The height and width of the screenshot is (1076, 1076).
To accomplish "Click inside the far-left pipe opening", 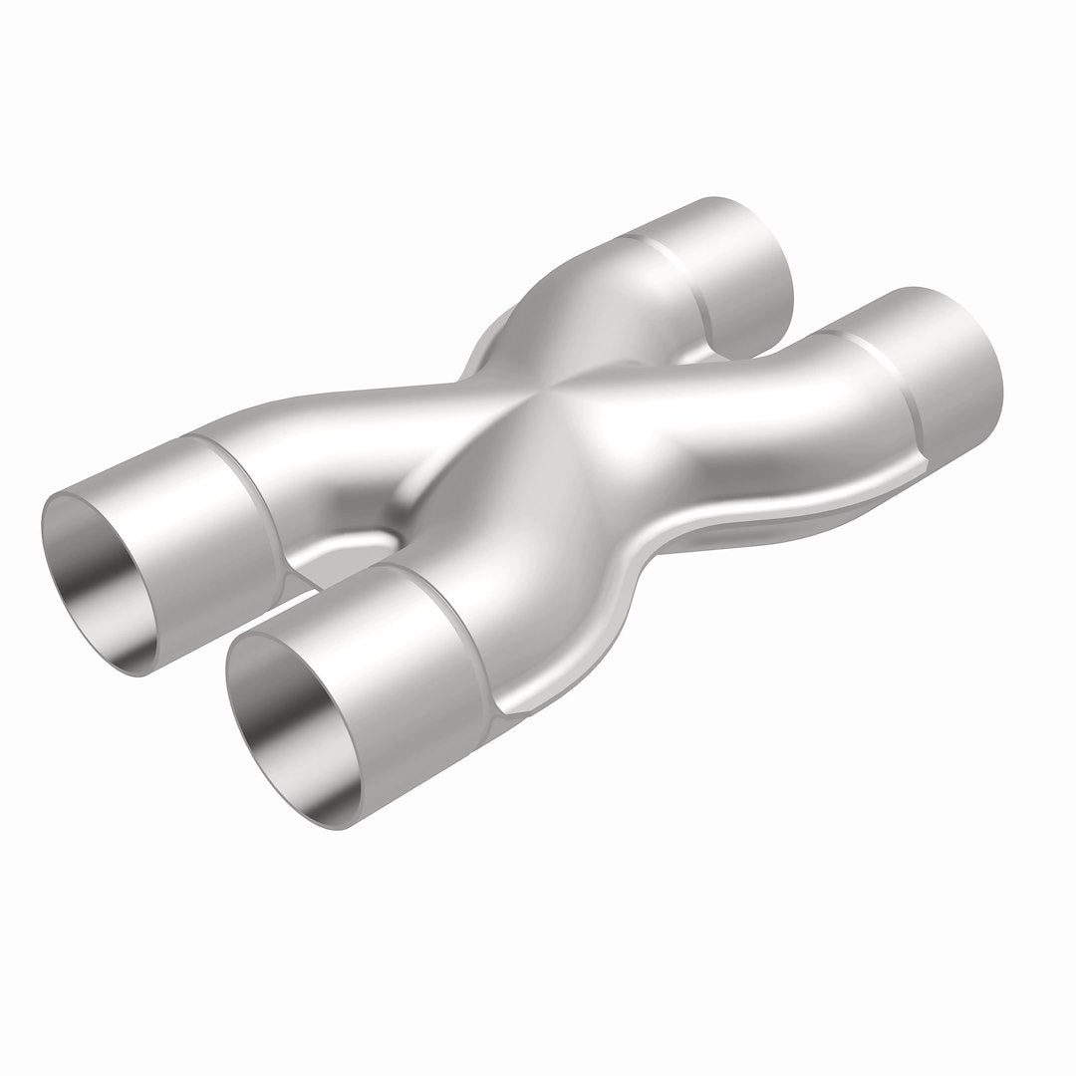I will (105, 588).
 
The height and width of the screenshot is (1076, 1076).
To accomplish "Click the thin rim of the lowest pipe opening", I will (232, 687).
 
